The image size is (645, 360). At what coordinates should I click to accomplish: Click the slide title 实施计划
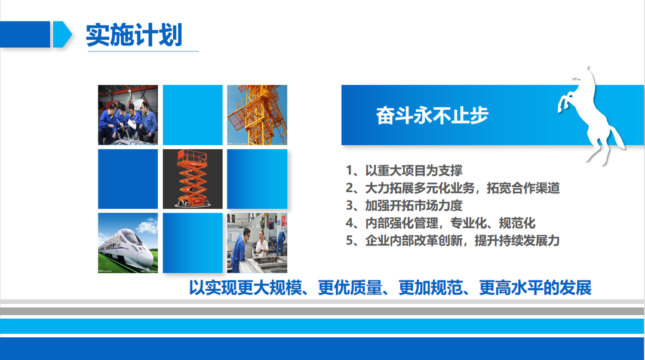coord(134,35)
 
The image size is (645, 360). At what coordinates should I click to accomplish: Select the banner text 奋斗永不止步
coord(432,115)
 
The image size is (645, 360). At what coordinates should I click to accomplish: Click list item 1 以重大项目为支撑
coord(404,170)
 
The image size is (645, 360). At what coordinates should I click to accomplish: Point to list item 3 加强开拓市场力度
coord(404,205)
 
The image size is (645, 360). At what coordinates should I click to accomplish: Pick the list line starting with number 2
coord(453,188)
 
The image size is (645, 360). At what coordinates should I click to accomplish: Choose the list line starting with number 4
coord(440,223)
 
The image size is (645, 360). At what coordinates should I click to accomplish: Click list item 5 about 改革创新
coord(453,240)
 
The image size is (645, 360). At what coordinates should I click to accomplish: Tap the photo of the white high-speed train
coord(128,243)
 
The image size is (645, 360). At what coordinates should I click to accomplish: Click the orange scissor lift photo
coord(192,179)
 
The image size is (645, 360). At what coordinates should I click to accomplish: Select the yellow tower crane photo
coord(257,115)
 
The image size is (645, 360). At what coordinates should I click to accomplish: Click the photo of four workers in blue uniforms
coord(128,115)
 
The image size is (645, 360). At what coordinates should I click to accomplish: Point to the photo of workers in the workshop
coord(257,243)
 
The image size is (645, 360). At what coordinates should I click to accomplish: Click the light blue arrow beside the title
coord(62,35)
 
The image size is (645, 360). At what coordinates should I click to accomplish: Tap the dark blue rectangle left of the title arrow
coord(25,35)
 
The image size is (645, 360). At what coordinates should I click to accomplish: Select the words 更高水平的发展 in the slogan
coord(535,288)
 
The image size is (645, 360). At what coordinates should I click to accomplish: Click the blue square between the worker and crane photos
coord(192,115)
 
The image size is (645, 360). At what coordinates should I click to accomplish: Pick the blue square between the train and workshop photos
coord(192,243)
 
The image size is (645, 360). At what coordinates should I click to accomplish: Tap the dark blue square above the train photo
coord(128,179)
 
